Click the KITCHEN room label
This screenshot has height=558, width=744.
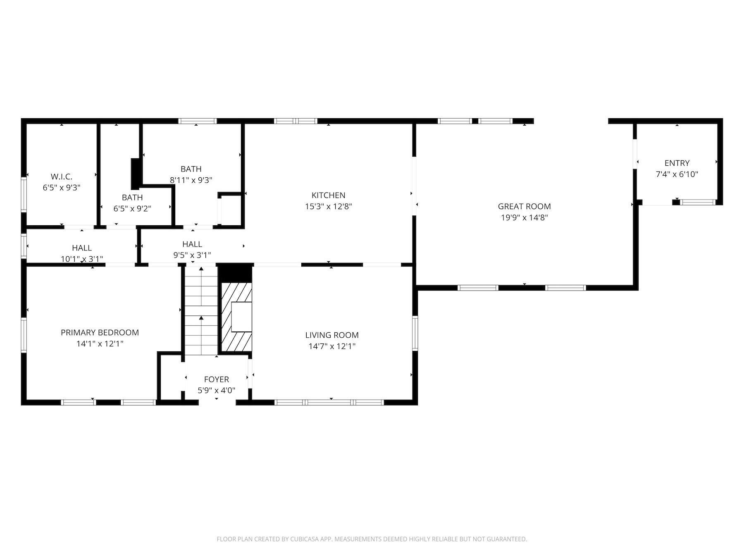coord(328,195)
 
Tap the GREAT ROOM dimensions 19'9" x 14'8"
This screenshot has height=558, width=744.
coord(524,217)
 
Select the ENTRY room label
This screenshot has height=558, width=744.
coord(677,163)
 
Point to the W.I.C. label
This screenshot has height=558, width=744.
coord(61,176)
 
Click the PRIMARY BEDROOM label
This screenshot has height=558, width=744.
coord(100,332)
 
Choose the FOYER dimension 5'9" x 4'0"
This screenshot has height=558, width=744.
coord(216,390)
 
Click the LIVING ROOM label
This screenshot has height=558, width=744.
coord(331,335)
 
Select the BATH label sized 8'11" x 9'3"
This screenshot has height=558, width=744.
coord(191,169)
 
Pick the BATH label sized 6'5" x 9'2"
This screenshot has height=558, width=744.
coord(132,198)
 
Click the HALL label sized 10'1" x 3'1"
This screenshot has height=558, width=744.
coord(82,248)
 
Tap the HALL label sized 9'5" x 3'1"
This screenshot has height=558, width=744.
coord(192,244)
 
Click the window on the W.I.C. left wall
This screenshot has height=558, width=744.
coord(24,194)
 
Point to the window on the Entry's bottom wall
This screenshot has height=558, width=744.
coord(698,202)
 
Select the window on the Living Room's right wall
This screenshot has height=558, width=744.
coord(415,333)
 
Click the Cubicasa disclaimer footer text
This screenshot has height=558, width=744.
coord(372,539)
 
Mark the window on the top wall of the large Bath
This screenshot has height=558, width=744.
coord(198,121)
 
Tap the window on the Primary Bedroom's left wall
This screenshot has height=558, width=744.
coord(24,335)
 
